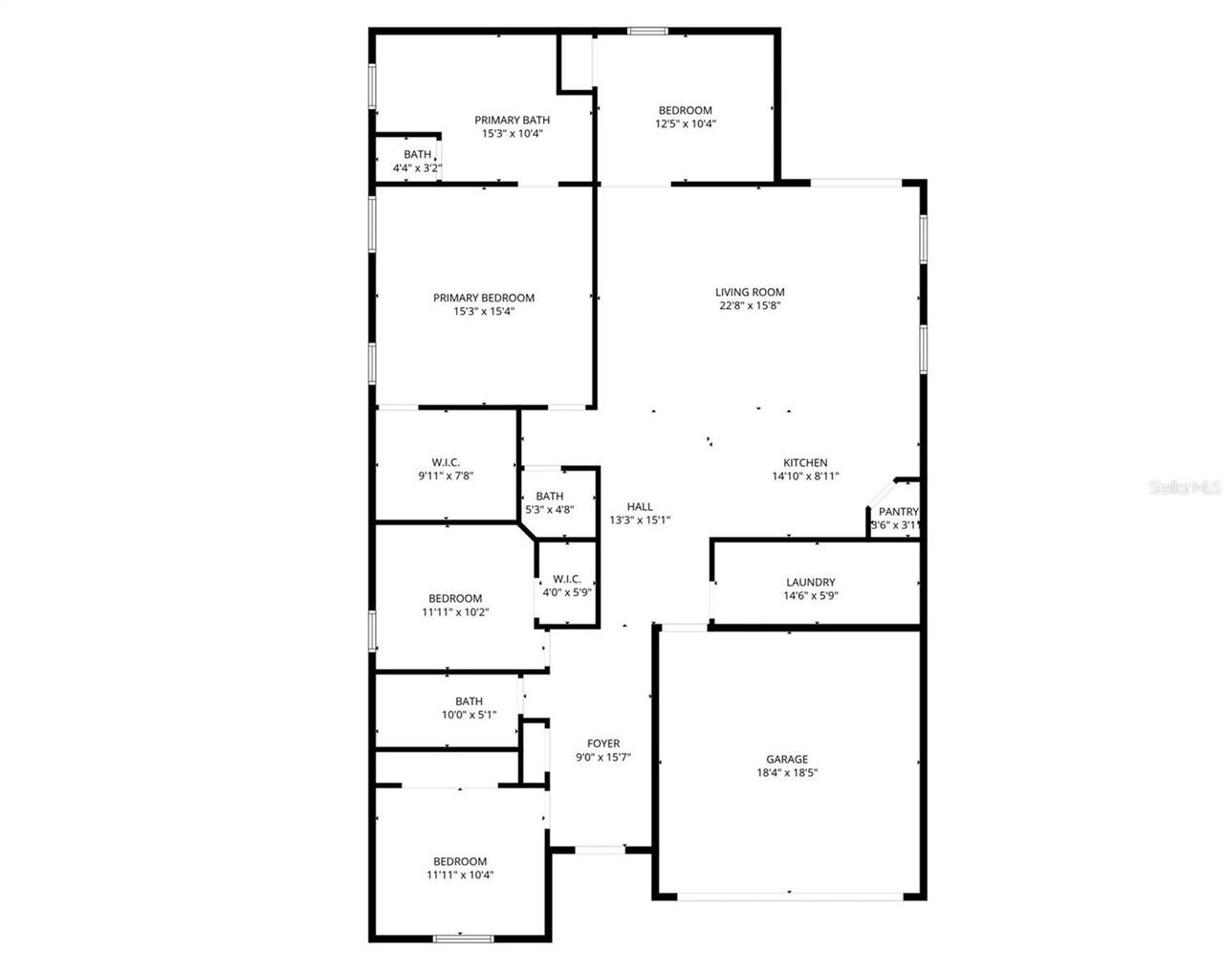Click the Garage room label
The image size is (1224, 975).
pyautogui.click(x=787, y=760)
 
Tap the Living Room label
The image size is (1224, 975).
pyautogui.click(x=750, y=293)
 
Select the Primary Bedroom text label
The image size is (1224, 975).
pyautogui.click(x=483, y=298)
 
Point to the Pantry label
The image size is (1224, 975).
pyautogui.click(x=898, y=512)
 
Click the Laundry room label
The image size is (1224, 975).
pyautogui.click(x=810, y=582)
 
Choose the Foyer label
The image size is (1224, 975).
pyautogui.click(x=602, y=743)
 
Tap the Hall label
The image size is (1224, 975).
pyautogui.click(x=640, y=507)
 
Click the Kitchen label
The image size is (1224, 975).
pyautogui.click(x=805, y=463)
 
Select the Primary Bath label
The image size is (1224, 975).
pyautogui.click(x=512, y=120)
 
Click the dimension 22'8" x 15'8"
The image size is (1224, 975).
pyautogui.click(x=750, y=306)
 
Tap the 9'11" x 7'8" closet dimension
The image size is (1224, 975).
pyautogui.click(x=446, y=476)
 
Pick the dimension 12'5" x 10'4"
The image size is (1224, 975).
pyautogui.click(x=685, y=123)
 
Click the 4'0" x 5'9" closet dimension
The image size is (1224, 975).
pyautogui.click(x=567, y=592)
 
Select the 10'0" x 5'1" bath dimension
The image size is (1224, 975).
pyautogui.click(x=469, y=715)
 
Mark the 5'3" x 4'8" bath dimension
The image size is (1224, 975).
pyautogui.click(x=549, y=510)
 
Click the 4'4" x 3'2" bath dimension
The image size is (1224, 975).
pyautogui.click(x=417, y=168)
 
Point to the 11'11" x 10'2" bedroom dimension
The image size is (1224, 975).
pyautogui.click(x=454, y=612)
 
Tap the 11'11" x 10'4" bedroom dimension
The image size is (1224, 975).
pyautogui.click(x=459, y=875)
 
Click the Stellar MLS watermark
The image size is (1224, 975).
pyautogui.click(x=1184, y=488)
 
